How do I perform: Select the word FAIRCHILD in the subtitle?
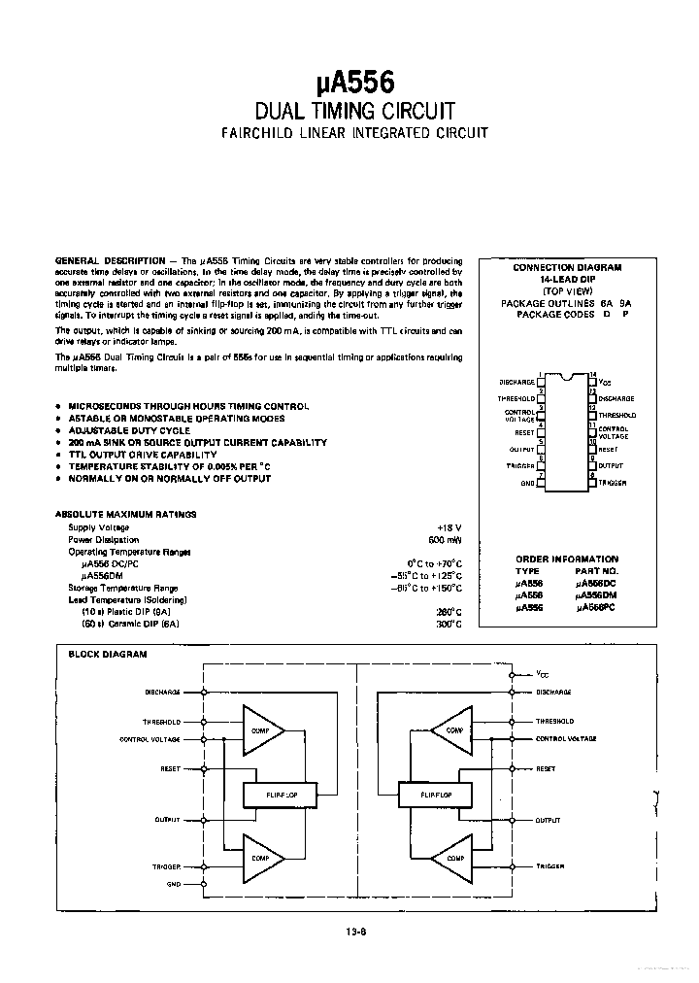click(255, 132)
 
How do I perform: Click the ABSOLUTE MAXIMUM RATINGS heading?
click(125, 514)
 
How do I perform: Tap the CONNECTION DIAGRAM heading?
click(567, 266)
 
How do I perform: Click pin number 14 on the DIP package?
click(593, 375)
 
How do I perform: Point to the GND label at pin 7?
click(528, 483)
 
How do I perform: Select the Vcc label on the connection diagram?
click(606, 382)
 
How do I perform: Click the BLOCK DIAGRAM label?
click(107, 655)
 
